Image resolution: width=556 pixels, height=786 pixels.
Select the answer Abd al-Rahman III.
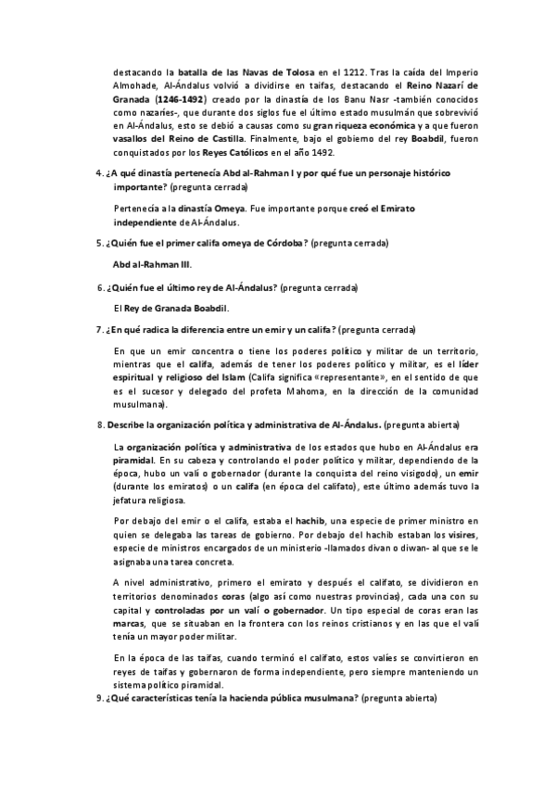tap(153, 264)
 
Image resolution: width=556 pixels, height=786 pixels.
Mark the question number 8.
tap(100, 424)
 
